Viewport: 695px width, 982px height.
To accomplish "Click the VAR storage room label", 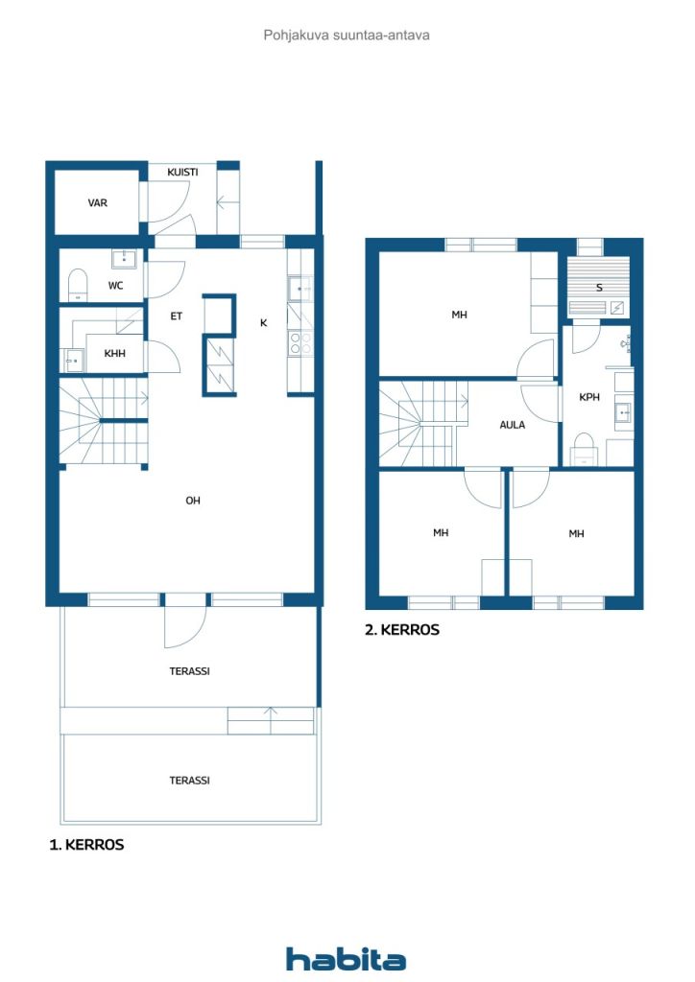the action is (x=97, y=203).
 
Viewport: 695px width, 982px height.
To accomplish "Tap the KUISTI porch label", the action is (x=182, y=172).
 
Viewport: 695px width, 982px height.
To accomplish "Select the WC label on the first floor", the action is (x=115, y=286).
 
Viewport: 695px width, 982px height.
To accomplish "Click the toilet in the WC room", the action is (x=77, y=285).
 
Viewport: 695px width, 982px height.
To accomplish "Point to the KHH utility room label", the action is (x=114, y=353).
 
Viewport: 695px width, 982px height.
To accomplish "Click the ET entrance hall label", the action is (x=176, y=316).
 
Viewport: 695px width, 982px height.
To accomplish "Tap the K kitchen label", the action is (x=263, y=322).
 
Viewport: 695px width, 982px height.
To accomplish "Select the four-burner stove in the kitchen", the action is (x=300, y=343).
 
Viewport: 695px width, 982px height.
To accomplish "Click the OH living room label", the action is (x=192, y=501).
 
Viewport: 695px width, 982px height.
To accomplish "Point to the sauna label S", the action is (x=599, y=288).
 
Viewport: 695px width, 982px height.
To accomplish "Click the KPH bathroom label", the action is (x=589, y=397).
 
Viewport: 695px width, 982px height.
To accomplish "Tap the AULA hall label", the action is (x=512, y=425).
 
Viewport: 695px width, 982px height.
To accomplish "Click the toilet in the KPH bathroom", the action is (x=584, y=449).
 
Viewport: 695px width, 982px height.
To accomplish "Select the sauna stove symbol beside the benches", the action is (x=616, y=308).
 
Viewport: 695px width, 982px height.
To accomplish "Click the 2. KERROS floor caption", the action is (x=401, y=629).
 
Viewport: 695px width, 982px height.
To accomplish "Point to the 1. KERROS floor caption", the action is (x=86, y=845).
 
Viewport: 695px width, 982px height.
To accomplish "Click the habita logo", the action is (x=346, y=959).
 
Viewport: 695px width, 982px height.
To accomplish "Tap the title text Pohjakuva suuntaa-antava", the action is (x=347, y=35).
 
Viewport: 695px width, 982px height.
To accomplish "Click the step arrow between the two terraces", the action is (x=271, y=720).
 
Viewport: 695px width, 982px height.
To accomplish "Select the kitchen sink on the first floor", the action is (x=300, y=289).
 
